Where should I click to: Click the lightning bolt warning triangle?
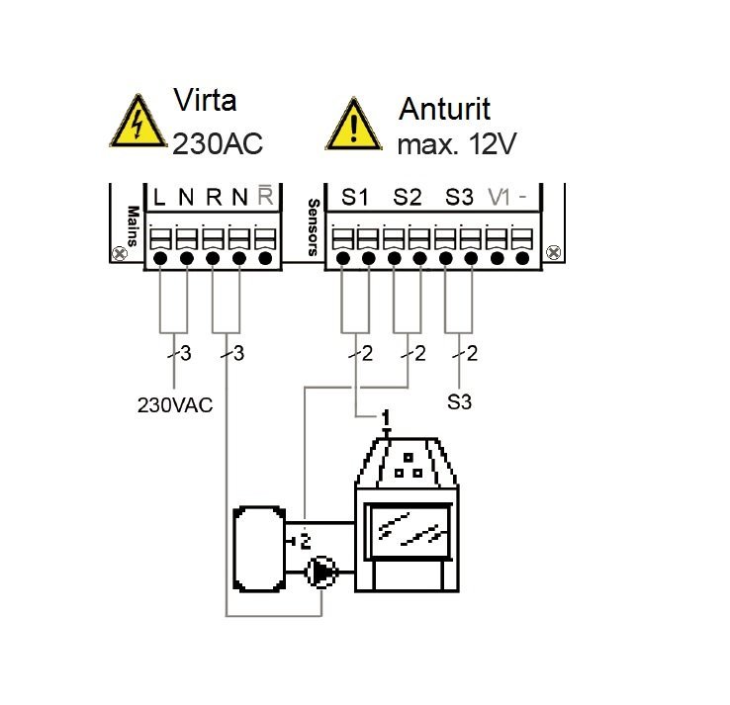pyautogui.click(x=136, y=124)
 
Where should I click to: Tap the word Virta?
pyautogui.click(x=206, y=101)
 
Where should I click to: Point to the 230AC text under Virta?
pyautogui.click(x=219, y=144)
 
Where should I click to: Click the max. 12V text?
pyautogui.click(x=457, y=144)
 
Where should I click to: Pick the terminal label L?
pyautogui.click(x=159, y=197)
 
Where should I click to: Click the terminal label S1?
pyautogui.click(x=355, y=197)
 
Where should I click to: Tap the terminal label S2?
pyautogui.click(x=407, y=197)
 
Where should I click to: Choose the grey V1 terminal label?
pyautogui.click(x=500, y=197)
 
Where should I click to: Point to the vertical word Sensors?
pyautogui.click(x=314, y=227)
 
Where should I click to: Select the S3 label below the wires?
pyautogui.click(x=459, y=403)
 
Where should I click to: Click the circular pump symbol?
pyautogui.click(x=320, y=571)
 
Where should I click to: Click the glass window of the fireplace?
pyautogui.click(x=409, y=525)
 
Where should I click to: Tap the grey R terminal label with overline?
pyautogui.click(x=264, y=196)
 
